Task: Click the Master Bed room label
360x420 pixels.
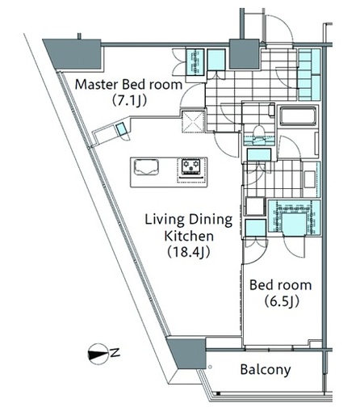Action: click(128, 85)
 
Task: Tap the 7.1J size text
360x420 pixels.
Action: click(129, 100)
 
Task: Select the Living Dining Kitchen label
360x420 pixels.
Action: click(189, 228)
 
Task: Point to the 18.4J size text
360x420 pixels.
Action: click(188, 252)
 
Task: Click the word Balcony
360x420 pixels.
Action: click(266, 369)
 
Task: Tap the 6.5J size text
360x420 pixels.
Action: click(282, 301)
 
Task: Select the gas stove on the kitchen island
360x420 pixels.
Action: click(192, 167)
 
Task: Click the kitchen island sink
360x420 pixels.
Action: click(146, 167)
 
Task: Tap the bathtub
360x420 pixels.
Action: click(298, 116)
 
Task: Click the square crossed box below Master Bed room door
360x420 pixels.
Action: click(193, 121)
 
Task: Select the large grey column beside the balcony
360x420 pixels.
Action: click(187, 352)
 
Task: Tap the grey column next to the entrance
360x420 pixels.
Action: click(245, 54)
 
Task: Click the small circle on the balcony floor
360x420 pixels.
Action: click(210, 367)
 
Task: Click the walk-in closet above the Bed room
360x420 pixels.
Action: click(295, 217)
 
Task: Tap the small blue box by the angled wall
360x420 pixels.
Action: click(121, 128)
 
